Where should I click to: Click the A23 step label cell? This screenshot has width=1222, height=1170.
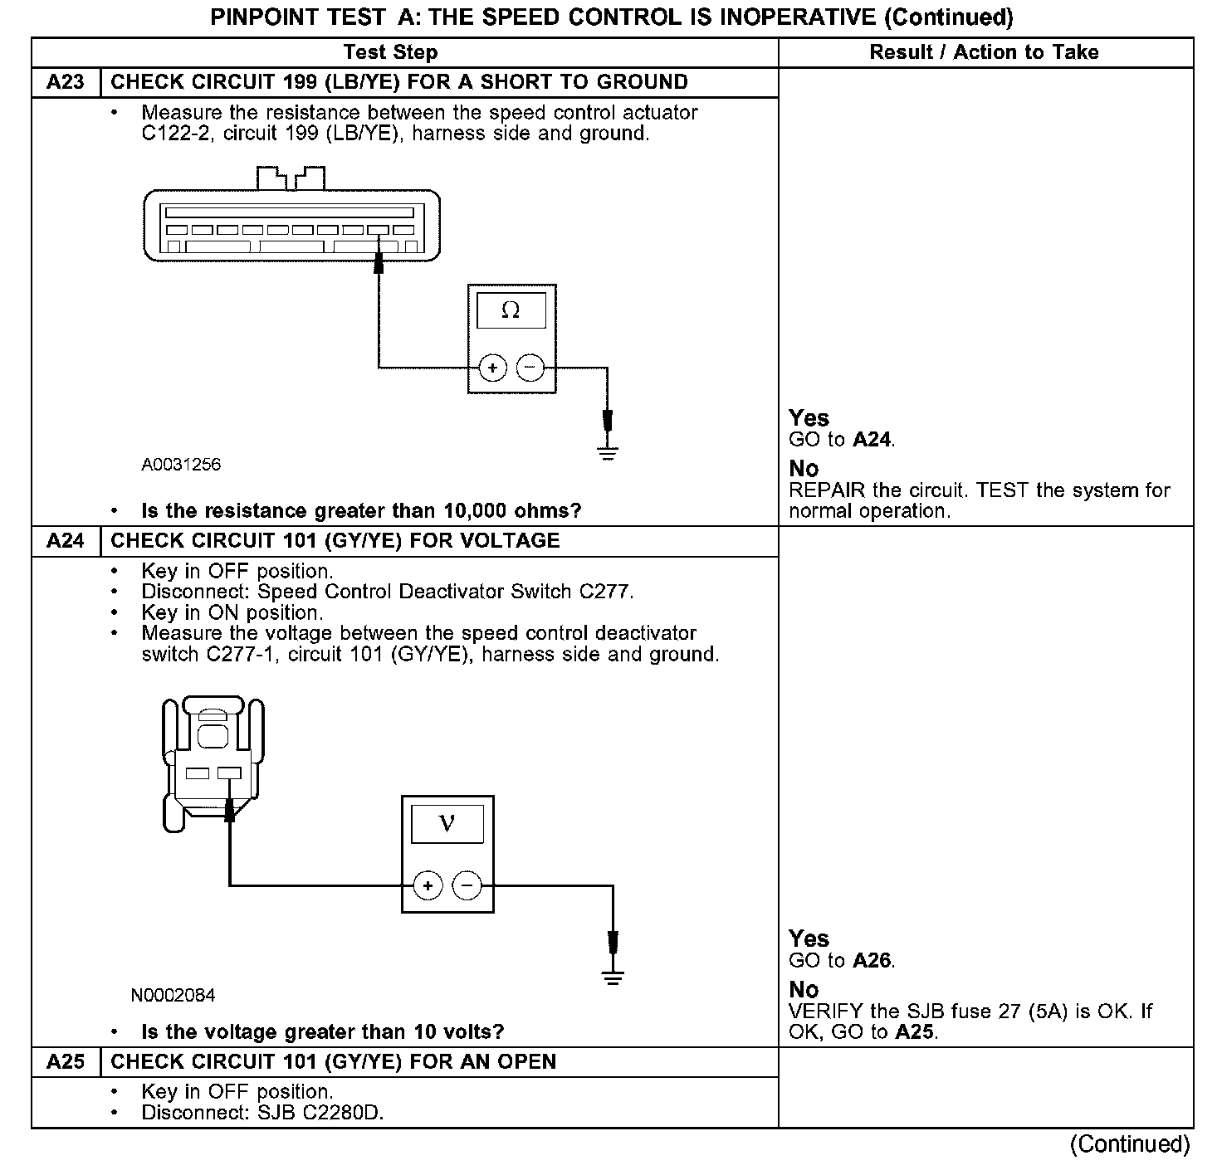pyautogui.click(x=66, y=82)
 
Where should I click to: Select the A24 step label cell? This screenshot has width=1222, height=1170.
pyautogui.click(x=66, y=541)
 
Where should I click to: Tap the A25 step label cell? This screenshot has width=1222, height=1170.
pyautogui.click(x=66, y=1062)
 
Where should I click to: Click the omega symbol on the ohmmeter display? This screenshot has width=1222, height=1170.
pyautogui.click(x=511, y=311)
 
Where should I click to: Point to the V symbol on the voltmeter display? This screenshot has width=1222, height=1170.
pyautogui.click(x=447, y=823)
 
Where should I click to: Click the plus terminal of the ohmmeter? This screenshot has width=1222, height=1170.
pyautogui.click(x=493, y=368)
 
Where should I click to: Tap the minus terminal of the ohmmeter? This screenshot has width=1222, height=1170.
pyautogui.click(x=531, y=368)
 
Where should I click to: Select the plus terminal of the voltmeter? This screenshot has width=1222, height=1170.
pyautogui.click(x=428, y=886)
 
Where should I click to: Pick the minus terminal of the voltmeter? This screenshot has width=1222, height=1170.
pyautogui.click(x=467, y=886)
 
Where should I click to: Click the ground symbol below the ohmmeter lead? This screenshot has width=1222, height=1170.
pyautogui.click(x=608, y=453)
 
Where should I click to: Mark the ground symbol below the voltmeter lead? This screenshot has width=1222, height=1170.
pyautogui.click(x=613, y=977)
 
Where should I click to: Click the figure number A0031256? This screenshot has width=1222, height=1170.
pyautogui.click(x=181, y=465)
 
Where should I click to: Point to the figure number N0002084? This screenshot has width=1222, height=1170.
pyautogui.click(x=173, y=995)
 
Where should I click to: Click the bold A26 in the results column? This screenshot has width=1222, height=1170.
pyautogui.click(x=873, y=961)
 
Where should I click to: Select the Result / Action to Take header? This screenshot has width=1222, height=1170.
pyautogui.click(x=984, y=52)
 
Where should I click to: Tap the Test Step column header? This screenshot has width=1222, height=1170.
pyautogui.click(x=390, y=52)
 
